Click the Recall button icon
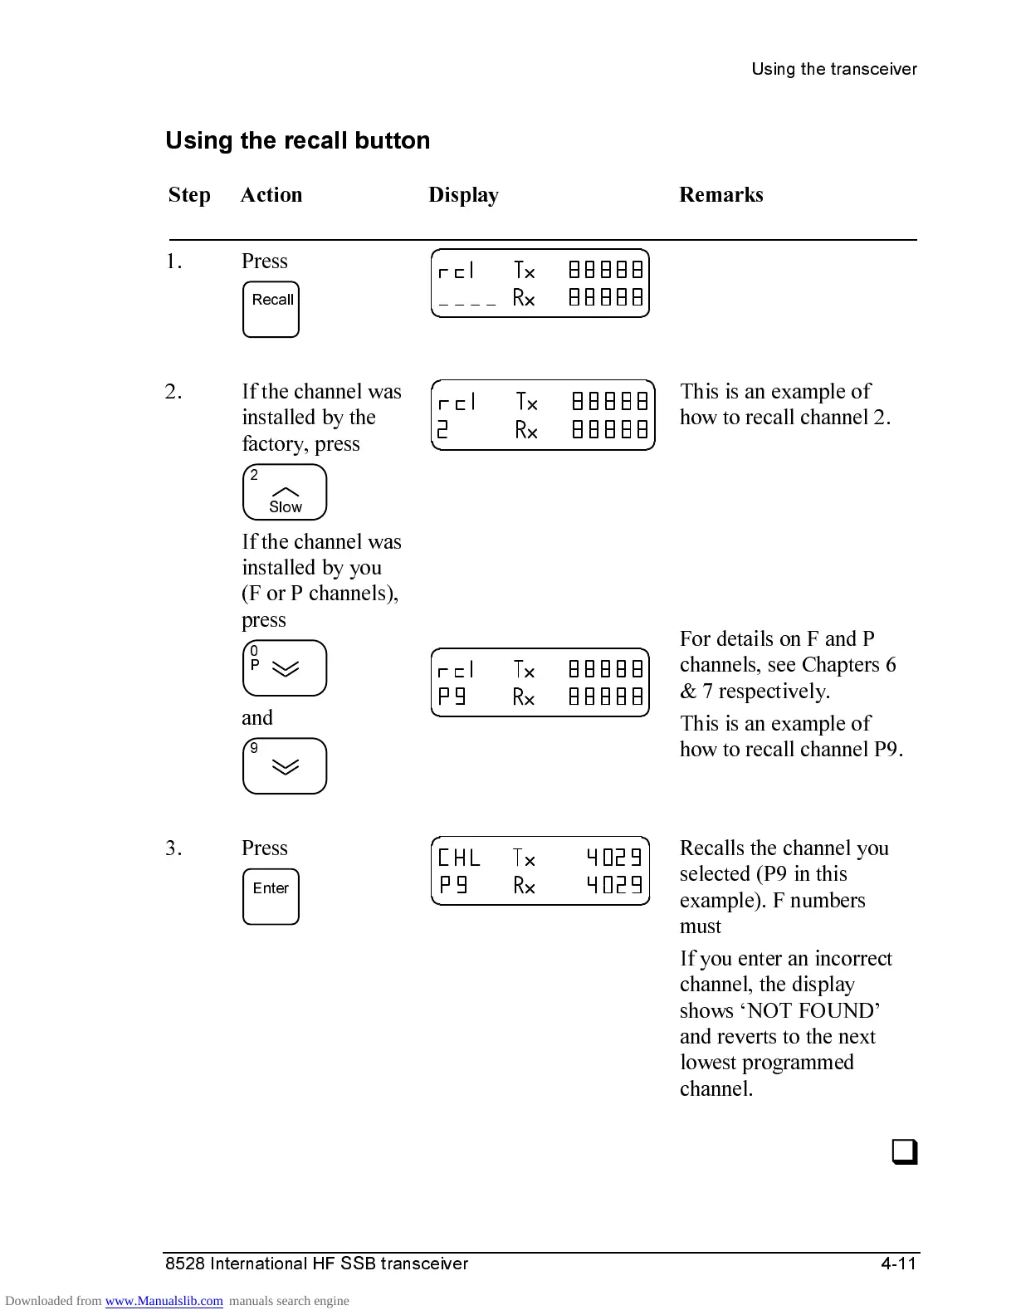coord(271,310)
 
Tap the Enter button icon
coord(271,897)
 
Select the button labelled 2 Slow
coord(285,492)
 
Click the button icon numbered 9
coord(285,766)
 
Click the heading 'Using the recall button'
coord(298,140)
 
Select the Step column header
coord(189,195)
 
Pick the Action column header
coord(271,195)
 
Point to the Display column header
coord(463,195)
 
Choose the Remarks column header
coord(721,195)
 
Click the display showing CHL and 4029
coord(540,871)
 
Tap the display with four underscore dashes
coord(540,283)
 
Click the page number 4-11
coord(898,1264)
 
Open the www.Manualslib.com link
coord(164,1301)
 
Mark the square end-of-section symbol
coord(904,1153)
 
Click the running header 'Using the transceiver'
coord(834,69)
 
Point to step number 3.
coord(173,848)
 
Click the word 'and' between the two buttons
coord(257,718)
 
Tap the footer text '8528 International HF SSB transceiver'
coord(316,1264)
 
